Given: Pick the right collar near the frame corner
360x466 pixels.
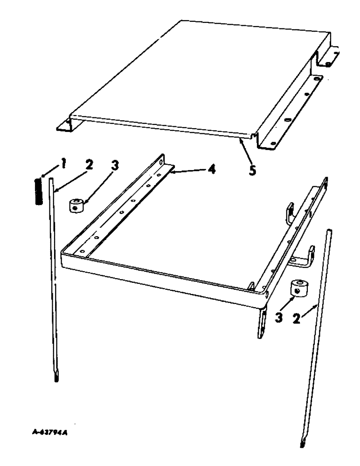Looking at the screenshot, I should [297, 289].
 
